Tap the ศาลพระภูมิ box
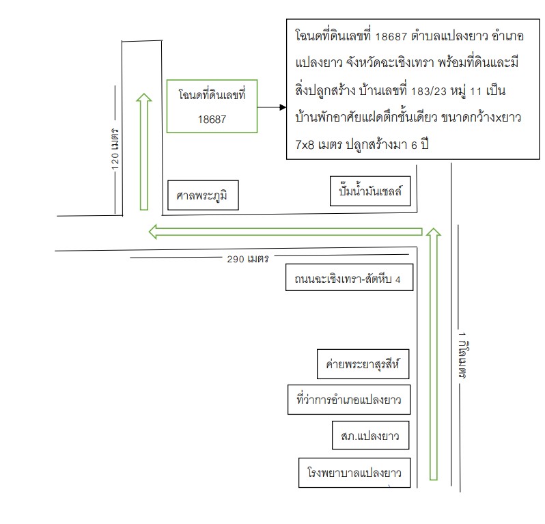point(203,195)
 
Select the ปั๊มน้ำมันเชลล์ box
point(370,191)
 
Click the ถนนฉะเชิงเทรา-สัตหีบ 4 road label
point(349,277)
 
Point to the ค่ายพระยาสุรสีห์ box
point(363,364)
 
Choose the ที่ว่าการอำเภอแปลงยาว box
point(349,400)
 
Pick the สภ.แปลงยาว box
point(371,435)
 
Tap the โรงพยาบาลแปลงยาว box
point(354,473)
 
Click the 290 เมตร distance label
point(248,259)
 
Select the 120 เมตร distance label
point(115,149)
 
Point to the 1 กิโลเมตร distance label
point(462,355)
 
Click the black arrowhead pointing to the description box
point(283,107)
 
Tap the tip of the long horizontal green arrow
point(149,232)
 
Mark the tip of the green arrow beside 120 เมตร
point(144,94)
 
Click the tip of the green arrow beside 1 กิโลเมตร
point(434,228)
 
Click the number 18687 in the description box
point(391,36)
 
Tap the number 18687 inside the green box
point(212,120)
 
